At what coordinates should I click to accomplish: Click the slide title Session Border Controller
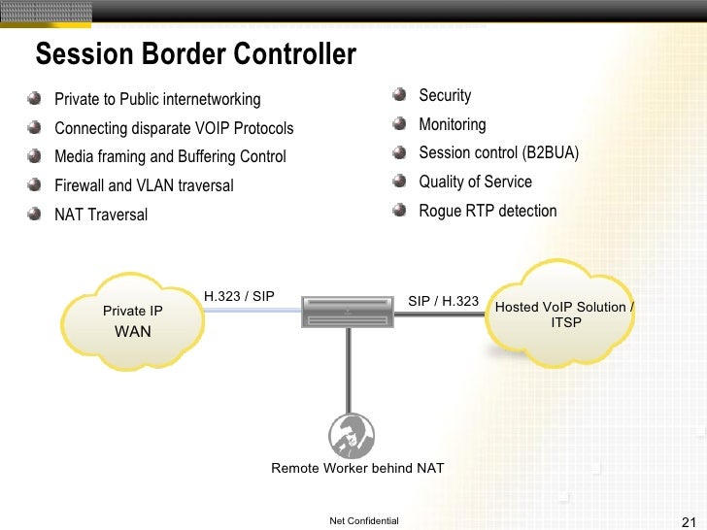pyautogui.click(x=195, y=54)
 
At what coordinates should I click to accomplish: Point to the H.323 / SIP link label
pyautogui.click(x=239, y=296)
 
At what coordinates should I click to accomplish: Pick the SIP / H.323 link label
pyautogui.click(x=443, y=301)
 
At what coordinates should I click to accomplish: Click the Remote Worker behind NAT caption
pyautogui.click(x=357, y=468)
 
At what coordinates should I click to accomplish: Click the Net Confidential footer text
pyautogui.click(x=364, y=521)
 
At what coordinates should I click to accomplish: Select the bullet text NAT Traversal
pyautogui.click(x=101, y=215)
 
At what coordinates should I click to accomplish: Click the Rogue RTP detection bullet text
pyautogui.click(x=488, y=211)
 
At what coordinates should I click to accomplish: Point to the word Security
pyautogui.click(x=445, y=95)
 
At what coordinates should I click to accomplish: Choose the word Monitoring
pyautogui.click(x=452, y=124)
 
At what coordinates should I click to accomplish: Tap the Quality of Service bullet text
pyautogui.click(x=475, y=182)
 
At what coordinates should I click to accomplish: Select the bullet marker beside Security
pyautogui.click(x=400, y=95)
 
